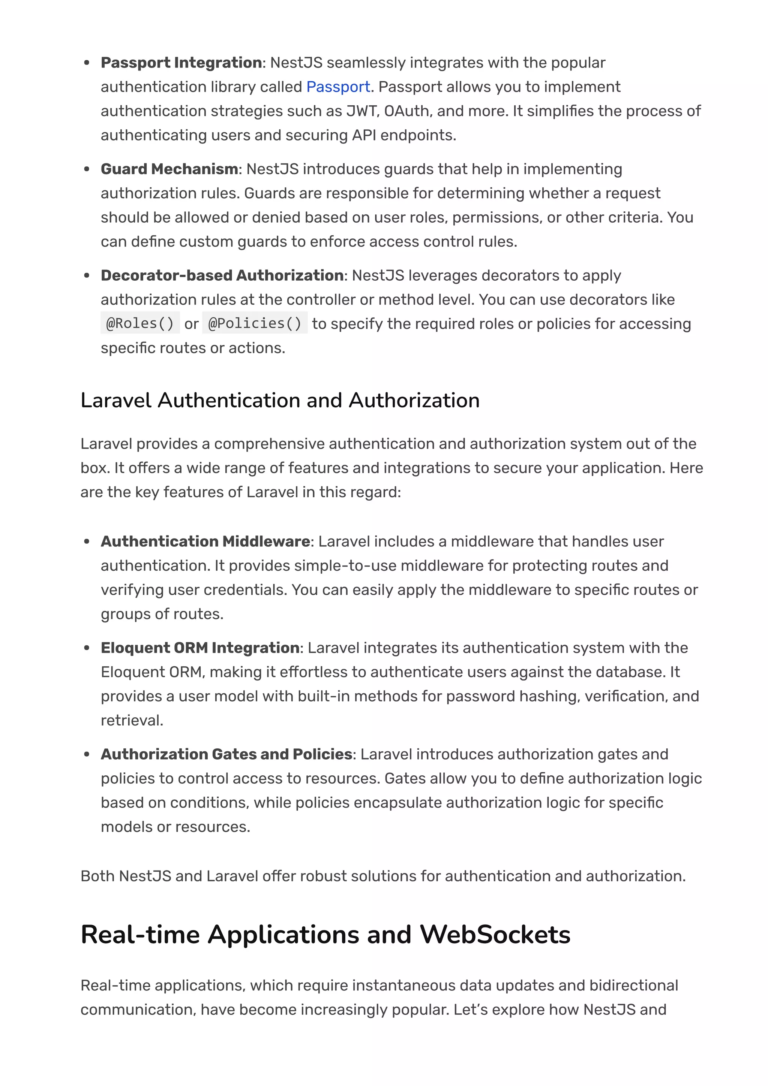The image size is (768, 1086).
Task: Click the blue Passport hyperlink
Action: (338, 87)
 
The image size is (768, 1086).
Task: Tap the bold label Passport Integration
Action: (181, 63)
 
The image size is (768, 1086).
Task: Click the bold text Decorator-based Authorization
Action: (222, 276)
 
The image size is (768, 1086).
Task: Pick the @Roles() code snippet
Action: (140, 323)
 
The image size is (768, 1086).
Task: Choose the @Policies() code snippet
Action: (255, 323)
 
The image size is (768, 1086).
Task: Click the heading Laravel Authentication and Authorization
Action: (280, 401)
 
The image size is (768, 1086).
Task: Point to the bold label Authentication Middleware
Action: (205, 542)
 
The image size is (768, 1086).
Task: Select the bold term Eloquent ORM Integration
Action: (200, 648)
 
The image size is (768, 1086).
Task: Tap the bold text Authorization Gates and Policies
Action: (226, 754)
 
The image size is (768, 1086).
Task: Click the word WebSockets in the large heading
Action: (495, 935)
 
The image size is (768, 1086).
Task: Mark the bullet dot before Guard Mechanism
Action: (87, 169)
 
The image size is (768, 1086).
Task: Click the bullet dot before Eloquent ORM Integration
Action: (87, 648)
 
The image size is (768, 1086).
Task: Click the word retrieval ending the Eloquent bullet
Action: (132, 720)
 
